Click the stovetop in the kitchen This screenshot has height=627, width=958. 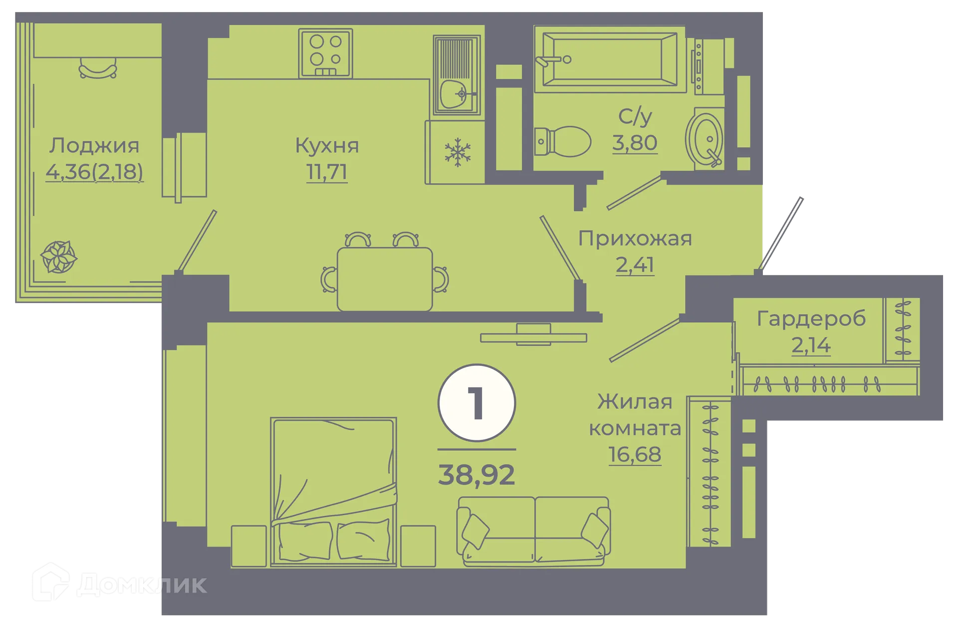pos(325,53)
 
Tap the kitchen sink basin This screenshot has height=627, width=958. pos(454,93)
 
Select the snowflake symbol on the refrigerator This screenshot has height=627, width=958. pos(458,152)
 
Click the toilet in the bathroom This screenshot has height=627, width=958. pos(564,141)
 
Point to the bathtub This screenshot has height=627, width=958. pos(609,59)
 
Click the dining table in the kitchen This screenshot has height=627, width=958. pos(385,279)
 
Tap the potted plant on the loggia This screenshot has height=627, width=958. pos(58,257)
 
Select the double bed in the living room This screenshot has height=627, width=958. pos(333,492)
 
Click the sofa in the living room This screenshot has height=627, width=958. pos(533,531)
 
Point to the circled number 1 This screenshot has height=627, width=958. pos(477,403)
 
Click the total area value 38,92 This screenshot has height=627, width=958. pos(477,475)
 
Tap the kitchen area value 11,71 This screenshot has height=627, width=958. pos(327,172)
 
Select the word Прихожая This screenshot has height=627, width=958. pos(635,239)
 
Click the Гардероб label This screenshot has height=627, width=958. pos(811,319)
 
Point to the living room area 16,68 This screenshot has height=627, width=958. pos(635,455)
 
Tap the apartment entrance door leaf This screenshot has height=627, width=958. pos(782,232)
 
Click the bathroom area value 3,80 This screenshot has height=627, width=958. pos(635,143)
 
